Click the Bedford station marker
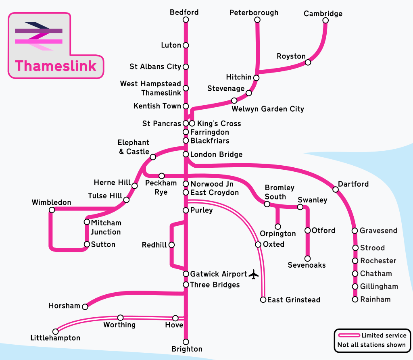coord(186,20)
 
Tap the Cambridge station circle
coord(325,21)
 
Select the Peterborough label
coord(254,12)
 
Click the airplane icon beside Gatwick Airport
coord(254,274)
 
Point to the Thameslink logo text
coord(56,66)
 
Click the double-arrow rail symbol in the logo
coord(39,36)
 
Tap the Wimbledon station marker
coord(52,210)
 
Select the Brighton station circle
coord(186,342)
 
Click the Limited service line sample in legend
coord(349,335)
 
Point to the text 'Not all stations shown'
coord(371,345)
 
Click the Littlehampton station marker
coord(55,331)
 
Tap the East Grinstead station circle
coord(263,300)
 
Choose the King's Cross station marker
coord(192,123)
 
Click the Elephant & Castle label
coord(134,147)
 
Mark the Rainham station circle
coord(355,300)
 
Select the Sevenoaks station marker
coord(307,258)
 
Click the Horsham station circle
coord(85,306)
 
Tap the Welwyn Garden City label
coord(268,109)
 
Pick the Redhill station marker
coord(171,245)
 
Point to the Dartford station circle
coord(335,189)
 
